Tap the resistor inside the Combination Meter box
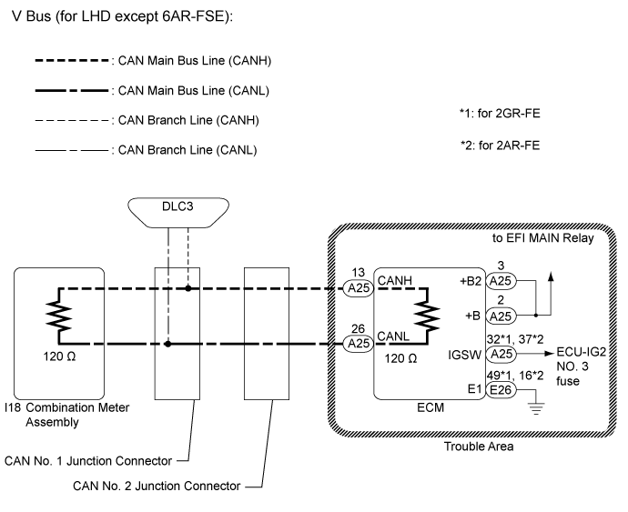pyautogui.click(x=57, y=316)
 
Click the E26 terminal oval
pyautogui.click(x=501, y=390)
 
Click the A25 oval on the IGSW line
pyautogui.click(x=501, y=353)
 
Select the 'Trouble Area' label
pyautogui.click(x=477, y=446)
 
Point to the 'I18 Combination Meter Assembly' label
pyautogui.click(x=66, y=414)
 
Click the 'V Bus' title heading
pyautogui.click(x=127, y=18)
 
